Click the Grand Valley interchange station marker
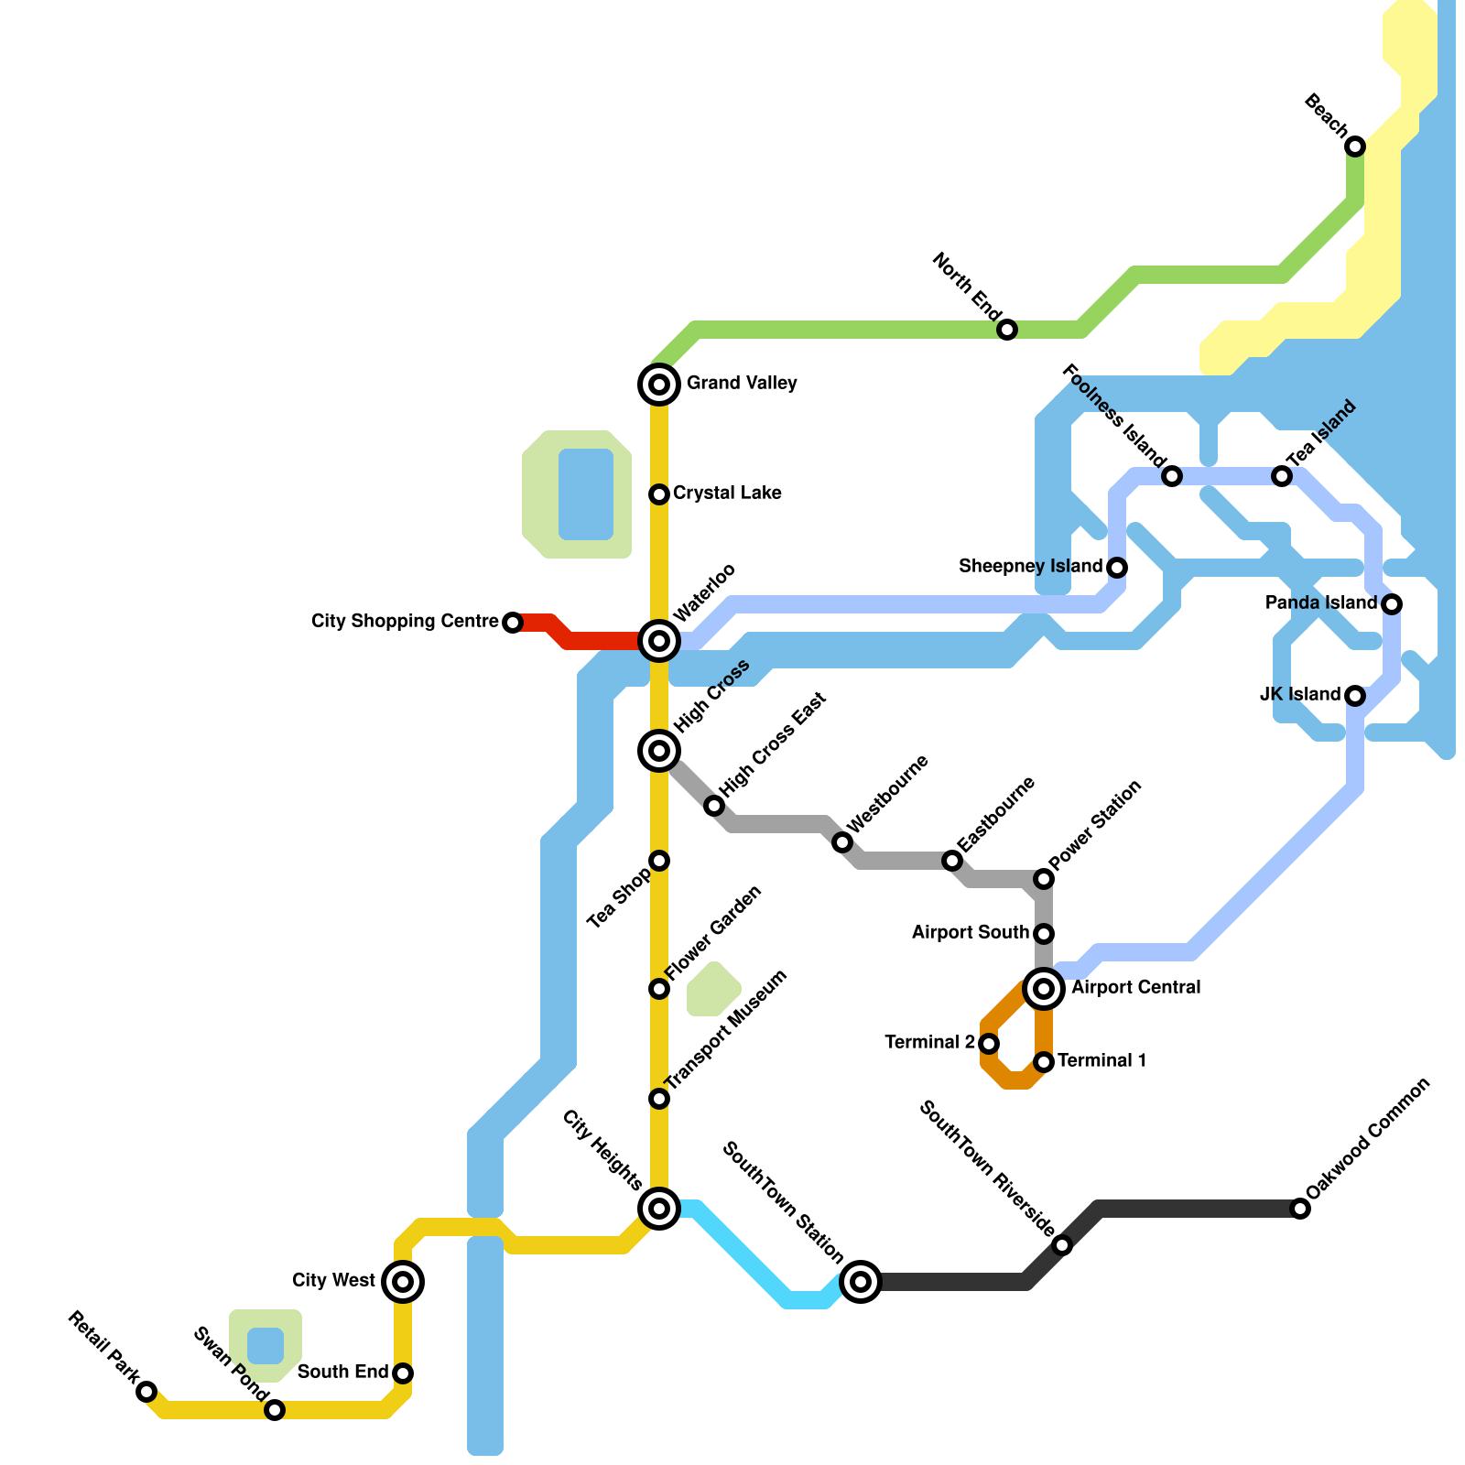pos(659,385)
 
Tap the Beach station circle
pos(1355,146)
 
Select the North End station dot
pos(1007,330)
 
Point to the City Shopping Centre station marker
pos(513,623)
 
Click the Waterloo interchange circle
pos(659,641)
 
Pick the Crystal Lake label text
pos(727,494)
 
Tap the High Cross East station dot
pos(714,806)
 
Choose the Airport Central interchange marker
pos(1044,989)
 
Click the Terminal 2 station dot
pos(989,1044)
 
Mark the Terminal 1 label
pos(1102,1061)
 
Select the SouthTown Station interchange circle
pos(861,1282)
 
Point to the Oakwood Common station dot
pos(1300,1209)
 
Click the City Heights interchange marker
pos(659,1209)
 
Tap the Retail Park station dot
pos(146,1392)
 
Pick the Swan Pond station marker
pos(275,1410)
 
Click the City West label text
pos(333,1281)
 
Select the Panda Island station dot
pos(1392,604)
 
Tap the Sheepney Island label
pos(1030,567)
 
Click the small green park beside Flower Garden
pos(713,990)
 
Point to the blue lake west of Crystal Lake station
pos(586,494)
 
